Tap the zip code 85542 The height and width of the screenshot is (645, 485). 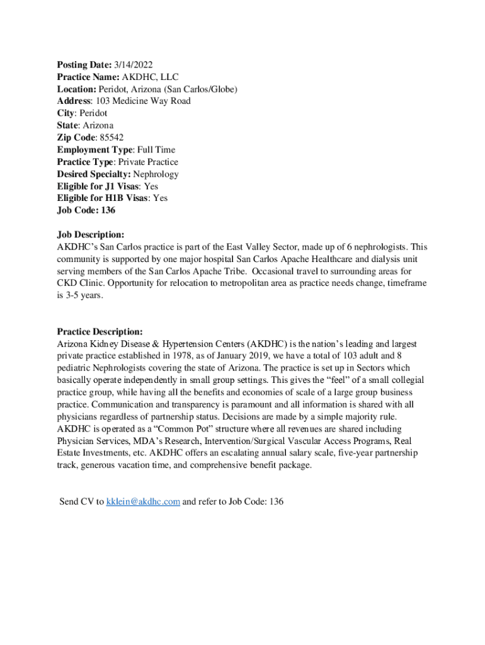110,137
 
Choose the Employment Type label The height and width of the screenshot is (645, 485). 94,150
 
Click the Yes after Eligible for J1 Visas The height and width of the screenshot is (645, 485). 151,186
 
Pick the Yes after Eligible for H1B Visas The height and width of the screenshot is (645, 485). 161,198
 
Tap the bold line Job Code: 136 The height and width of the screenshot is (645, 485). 86,210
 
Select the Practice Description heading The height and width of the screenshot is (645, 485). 100,332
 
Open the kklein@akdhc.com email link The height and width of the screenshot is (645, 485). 144,501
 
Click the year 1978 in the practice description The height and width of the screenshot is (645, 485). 194,357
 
